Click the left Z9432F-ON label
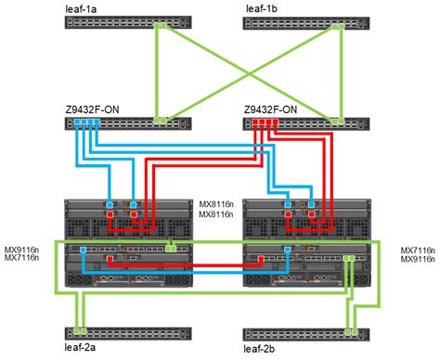click(90, 108)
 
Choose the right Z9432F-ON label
click(271, 108)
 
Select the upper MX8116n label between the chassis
click(218, 202)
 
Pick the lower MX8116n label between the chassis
click(218, 213)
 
